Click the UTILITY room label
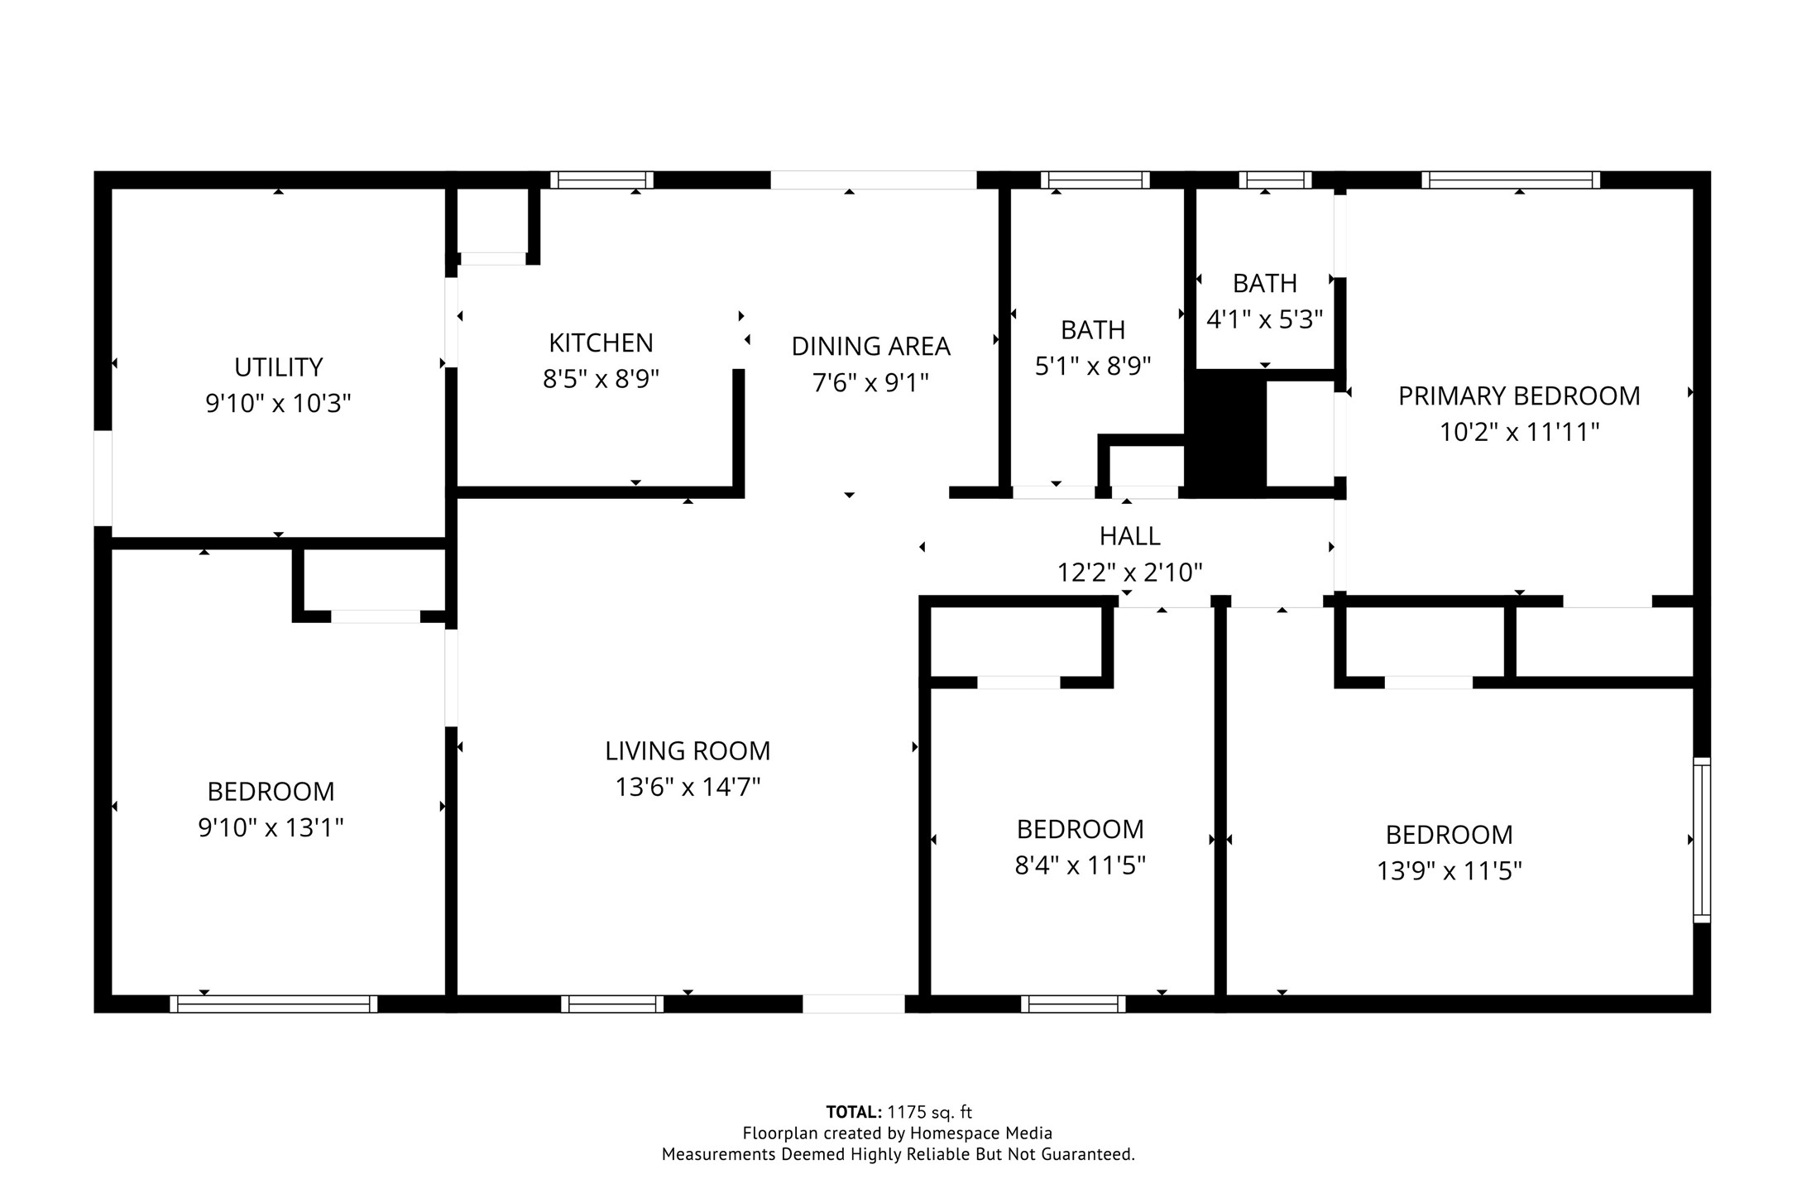coord(278,367)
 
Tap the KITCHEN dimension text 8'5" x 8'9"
coord(601,379)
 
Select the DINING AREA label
coord(870,346)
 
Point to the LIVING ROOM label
coord(687,750)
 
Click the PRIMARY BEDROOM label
coord(1518,396)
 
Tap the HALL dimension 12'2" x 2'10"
coord(1129,573)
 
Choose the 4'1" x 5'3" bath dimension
coord(1264,319)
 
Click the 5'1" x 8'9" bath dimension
coord(1093,366)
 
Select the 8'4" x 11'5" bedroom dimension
coord(1080,865)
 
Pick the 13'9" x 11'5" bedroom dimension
coord(1449,871)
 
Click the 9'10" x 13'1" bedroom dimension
coord(271,827)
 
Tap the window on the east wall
coord(1701,840)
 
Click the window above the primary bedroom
coord(1511,180)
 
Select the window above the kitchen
coord(601,180)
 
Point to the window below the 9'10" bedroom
coord(273,1004)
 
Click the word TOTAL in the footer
coord(853,1112)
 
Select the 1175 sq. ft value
coord(929,1112)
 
